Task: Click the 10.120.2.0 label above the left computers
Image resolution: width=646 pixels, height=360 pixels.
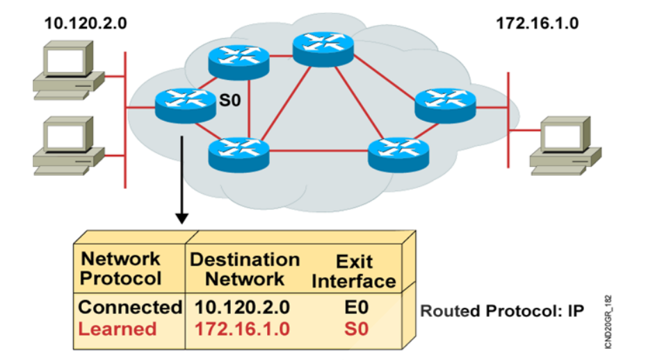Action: [86, 23]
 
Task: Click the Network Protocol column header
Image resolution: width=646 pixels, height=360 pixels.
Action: [121, 269]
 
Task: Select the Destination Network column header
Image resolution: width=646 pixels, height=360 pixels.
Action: [245, 270]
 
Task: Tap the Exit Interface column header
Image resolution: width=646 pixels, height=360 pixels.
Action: [354, 272]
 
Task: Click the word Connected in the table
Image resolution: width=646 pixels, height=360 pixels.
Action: [129, 306]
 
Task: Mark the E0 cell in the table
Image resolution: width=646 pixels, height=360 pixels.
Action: [354, 306]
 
